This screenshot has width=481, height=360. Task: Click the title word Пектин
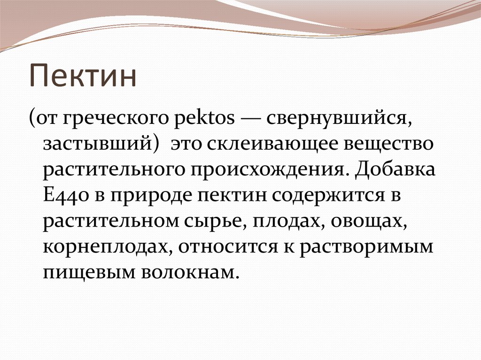[x=83, y=77]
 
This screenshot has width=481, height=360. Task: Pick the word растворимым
[x=366, y=247]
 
